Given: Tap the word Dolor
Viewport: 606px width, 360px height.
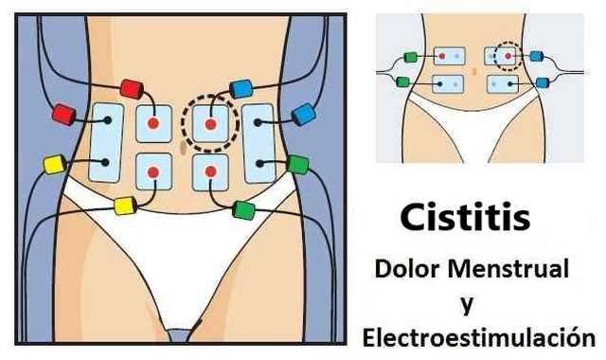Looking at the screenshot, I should (409, 269).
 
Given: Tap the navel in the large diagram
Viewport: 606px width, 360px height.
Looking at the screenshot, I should (180, 148).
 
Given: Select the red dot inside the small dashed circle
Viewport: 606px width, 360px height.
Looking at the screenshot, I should (508, 57).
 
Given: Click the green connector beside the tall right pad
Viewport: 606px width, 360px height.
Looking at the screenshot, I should (297, 164).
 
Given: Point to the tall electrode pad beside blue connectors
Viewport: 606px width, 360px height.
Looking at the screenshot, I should (258, 143).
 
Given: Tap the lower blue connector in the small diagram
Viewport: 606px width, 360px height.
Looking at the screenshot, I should (542, 82).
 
